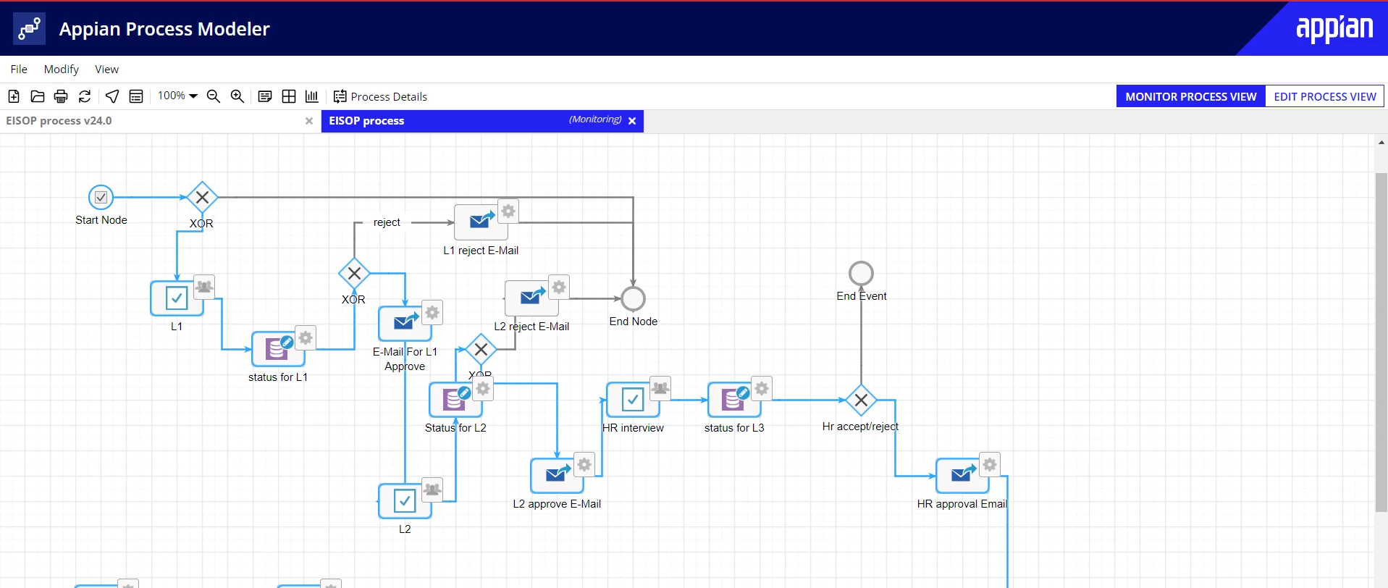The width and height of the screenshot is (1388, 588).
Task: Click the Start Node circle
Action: pyautogui.click(x=101, y=197)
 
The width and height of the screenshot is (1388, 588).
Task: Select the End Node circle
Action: pyautogui.click(x=633, y=298)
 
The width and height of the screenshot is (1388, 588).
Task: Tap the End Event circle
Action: pyautogui.click(x=861, y=273)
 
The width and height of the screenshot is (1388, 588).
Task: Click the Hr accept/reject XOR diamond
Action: pyautogui.click(x=861, y=400)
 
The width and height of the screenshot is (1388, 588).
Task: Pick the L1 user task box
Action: pyautogui.click(x=177, y=298)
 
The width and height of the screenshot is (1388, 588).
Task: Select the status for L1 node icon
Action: pyautogui.click(x=278, y=349)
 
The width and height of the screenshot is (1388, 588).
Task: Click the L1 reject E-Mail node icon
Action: pyautogui.click(x=481, y=222)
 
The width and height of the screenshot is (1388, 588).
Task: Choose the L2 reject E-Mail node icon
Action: pyautogui.click(x=531, y=298)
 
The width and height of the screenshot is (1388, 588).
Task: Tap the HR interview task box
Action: pyautogui.click(x=633, y=399)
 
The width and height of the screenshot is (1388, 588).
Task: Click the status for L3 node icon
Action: pyautogui.click(x=734, y=399)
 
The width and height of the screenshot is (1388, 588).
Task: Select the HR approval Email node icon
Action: pyautogui.click(x=962, y=475)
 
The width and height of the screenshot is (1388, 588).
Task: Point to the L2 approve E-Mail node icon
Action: pyautogui.click(x=557, y=475)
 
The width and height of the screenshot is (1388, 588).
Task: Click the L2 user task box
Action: pyautogui.click(x=405, y=500)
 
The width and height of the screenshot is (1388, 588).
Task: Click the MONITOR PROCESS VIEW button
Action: pyautogui.click(x=1190, y=96)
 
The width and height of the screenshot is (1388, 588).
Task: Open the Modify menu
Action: pyautogui.click(x=62, y=69)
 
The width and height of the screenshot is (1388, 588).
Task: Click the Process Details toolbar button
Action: pyautogui.click(x=380, y=96)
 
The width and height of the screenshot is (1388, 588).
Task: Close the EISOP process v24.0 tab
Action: pyautogui.click(x=309, y=121)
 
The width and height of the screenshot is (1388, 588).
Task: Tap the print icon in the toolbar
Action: pyautogui.click(x=61, y=96)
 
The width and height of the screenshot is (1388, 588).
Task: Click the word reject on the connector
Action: pyautogui.click(x=387, y=222)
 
